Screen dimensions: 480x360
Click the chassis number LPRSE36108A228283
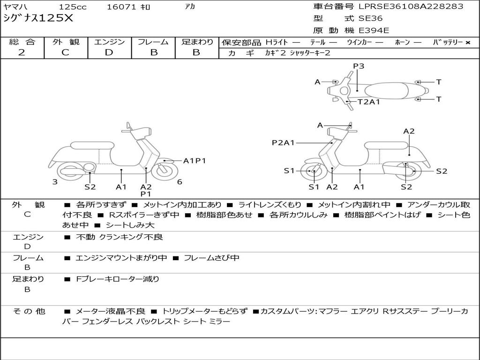(x=411, y=6)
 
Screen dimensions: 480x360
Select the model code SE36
(x=370, y=18)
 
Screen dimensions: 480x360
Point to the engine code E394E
(x=374, y=30)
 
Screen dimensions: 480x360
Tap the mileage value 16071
(x=120, y=7)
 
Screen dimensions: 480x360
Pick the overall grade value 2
(x=22, y=52)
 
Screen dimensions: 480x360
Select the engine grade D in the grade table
(x=109, y=52)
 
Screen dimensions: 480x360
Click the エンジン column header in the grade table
(x=109, y=42)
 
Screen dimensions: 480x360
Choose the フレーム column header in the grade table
(x=153, y=42)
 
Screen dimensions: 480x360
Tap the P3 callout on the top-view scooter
(x=359, y=66)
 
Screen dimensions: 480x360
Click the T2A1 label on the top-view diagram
(x=369, y=101)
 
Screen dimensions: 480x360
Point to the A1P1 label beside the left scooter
(x=195, y=161)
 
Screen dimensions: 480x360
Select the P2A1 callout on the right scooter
(x=283, y=142)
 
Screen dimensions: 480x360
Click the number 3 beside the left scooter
(x=55, y=181)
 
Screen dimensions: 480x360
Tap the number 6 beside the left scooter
(x=180, y=182)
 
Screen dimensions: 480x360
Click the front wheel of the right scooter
(x=313, y=172)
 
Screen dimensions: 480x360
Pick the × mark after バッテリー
(x=467, y=42)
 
